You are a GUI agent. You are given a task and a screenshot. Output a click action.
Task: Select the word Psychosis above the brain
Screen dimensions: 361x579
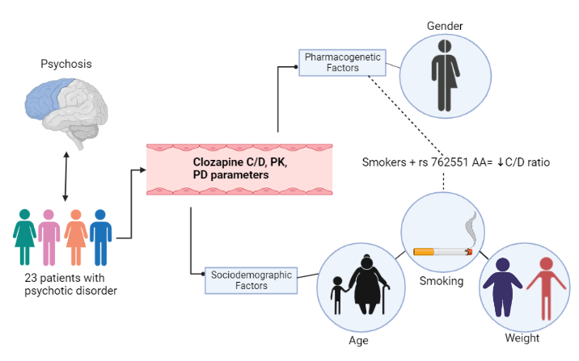[66, 62]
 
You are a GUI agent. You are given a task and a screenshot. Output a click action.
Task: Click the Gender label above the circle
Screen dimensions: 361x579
[446, 27]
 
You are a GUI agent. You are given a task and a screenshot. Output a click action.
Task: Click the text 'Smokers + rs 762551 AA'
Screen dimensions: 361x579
[426, 162]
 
